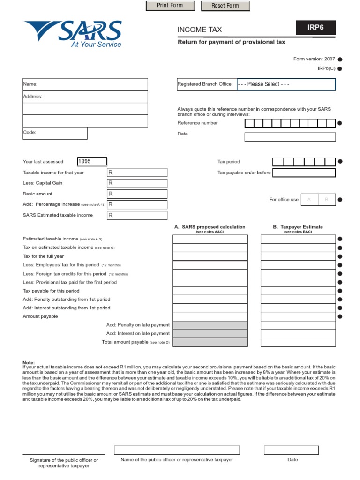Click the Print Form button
pyautogui.click(x=170, y=6)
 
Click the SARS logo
pyautogui.click(x=73, y=34)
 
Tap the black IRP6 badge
pyautogui.click(x=315, y=28)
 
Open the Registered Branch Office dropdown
pyautogui.click(x=285, y=84)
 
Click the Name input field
pyautogui.click(x=85, y=84)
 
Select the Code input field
pyautogui.click(x=55, y=133)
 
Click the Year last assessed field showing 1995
pyautogui.click(x=92, y=162)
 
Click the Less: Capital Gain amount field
pyautogui.click(x=137, y=183)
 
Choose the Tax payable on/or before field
pyautogui.click(x=304, y=172)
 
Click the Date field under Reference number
pyautogui.click(x=290, y=137)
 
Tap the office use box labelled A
pyautogui.click(x=309, y=200)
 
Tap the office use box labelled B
pyautogui.click(x=327, y=200)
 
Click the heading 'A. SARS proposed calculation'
pyautogui.click(x=210, y=227)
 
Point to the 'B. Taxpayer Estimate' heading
pyautogui.click(x=298, y=227)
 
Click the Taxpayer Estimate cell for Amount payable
pyautogui.click(x=298, y=316)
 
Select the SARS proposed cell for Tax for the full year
pyautogui.click(x=210, y=256)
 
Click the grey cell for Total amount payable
pyautogui.click(x=210, y=342)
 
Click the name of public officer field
pyautogui.click(x=177, y=450)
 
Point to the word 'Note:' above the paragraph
pyautogui.click(x=29, y=363)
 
